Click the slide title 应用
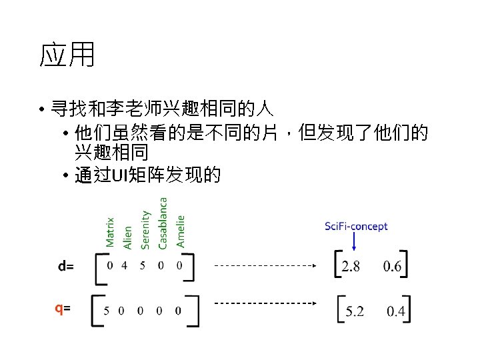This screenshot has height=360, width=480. coord(67,55)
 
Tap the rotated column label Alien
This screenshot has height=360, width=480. coord(128,237)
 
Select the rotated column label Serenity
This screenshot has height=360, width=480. coord(145,229)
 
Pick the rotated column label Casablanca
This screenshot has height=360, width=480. coord(163,223)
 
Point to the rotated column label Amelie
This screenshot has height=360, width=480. coord(180,231)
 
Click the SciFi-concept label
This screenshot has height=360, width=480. coord(356,227)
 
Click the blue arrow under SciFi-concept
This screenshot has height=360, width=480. coord(353,242)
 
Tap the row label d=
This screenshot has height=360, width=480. coord(66,267)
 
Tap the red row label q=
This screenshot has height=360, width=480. coord(63,308)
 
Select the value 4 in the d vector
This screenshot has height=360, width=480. coord(125,265)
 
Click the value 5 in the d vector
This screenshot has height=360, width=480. coord(142,265)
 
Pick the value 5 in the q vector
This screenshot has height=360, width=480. coord(107,310)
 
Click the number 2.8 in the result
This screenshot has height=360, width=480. coord(351,267)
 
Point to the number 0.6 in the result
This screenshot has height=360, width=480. coord(392,267)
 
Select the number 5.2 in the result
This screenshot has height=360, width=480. coord(355,311)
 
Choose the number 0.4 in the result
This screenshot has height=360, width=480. coord(396,311)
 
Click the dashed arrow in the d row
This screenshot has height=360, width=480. coord(264,265)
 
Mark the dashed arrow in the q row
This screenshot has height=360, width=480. coord(264,303)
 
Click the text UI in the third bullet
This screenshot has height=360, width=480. coord(119,175)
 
